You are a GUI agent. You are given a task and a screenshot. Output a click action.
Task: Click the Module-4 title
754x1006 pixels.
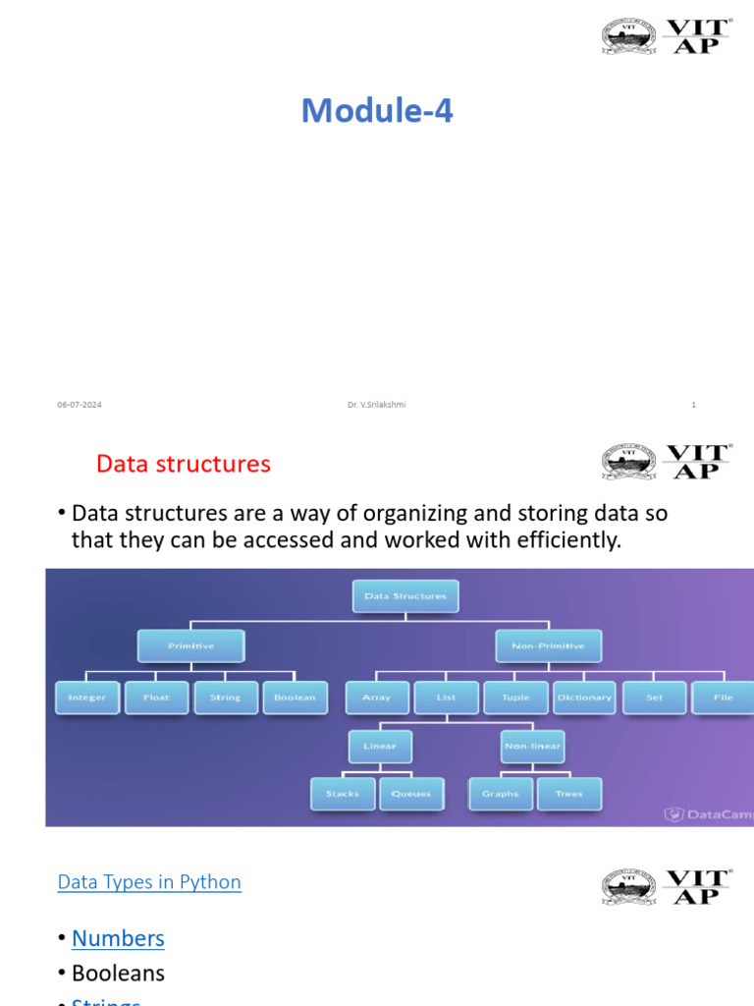377,111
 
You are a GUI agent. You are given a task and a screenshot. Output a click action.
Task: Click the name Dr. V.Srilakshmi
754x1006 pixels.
376,405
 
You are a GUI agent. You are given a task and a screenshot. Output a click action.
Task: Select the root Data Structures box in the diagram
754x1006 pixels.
405,596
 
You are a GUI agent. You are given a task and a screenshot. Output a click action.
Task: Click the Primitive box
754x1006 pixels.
190,646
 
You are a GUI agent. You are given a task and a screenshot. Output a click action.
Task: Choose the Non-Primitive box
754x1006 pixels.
548,646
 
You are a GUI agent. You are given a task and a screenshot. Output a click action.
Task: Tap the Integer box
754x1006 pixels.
86,698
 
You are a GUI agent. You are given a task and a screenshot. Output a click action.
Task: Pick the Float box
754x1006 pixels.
156,698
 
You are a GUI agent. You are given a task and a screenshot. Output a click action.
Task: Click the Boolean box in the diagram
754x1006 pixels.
295,698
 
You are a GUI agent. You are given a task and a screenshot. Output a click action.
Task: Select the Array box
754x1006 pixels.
377,698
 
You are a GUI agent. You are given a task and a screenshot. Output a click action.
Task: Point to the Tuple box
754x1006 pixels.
515,698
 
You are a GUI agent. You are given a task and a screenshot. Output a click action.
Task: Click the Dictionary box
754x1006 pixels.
584,698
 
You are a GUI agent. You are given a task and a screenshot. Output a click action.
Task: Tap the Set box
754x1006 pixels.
654,698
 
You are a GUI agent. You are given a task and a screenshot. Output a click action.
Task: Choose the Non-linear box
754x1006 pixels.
532,747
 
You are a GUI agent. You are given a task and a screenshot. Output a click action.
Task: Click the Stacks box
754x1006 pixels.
343,794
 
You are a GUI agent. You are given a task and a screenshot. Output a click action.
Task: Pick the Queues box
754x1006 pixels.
411,794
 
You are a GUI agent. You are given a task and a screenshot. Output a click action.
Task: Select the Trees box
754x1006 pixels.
568,794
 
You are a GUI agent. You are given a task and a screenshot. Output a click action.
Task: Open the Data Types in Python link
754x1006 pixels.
149,882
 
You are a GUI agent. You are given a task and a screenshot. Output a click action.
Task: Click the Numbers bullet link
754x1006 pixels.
118,938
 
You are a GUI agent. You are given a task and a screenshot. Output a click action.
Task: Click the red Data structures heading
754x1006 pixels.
184,464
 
